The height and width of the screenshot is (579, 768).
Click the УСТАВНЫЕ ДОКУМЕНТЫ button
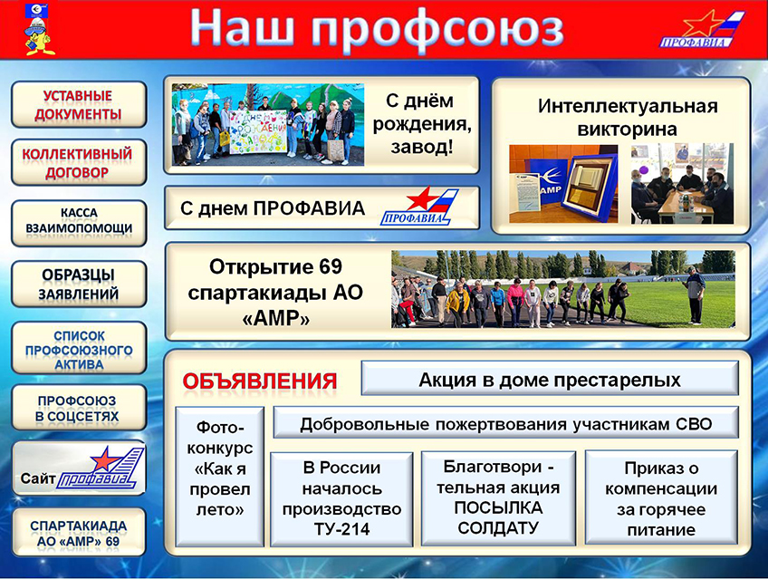(79, 105)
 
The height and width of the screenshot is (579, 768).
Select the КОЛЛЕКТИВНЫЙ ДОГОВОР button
(79, 162)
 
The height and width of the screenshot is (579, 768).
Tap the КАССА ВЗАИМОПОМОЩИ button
(79, 223)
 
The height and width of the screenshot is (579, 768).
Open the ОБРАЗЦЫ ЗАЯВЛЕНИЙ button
(79, 285)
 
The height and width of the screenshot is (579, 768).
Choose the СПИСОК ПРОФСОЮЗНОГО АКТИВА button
(79, 348)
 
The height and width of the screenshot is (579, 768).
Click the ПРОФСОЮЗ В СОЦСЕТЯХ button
(79, 408)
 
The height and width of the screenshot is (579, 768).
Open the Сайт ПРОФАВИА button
(79, 468)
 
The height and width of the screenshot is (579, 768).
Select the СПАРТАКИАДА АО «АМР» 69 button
(79, 533)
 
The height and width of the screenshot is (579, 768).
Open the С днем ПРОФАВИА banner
(322, 207)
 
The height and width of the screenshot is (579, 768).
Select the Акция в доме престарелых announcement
(550, 378)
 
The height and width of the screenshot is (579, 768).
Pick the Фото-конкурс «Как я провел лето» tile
(220, 476)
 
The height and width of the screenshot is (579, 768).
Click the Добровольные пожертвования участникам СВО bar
(505, 422)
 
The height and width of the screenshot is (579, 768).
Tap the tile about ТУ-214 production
(341, 498)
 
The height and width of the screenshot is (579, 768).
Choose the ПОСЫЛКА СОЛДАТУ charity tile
(498, 497)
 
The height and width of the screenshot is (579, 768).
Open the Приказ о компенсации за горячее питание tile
(661, 497)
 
